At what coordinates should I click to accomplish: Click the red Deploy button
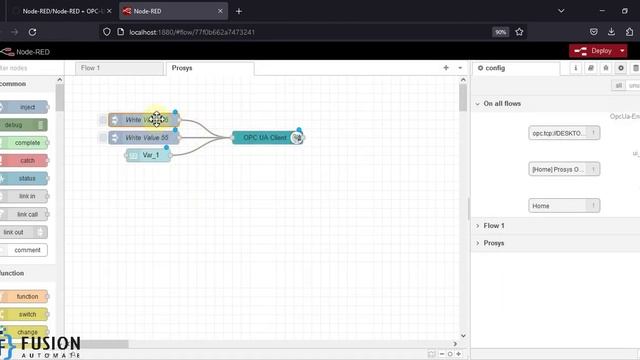click(596, 51)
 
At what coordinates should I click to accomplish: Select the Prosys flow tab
click(182, 68)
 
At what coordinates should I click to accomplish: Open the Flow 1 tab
click(91, 68)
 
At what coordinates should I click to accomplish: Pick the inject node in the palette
click(27, 107)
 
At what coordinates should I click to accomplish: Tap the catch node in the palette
click(27, 160)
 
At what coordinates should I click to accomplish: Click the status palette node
click(27, 178)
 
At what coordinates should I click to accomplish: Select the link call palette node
click(27, 214)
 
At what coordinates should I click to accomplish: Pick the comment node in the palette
click(27, 250)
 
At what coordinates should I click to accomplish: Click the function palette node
click(27, 296)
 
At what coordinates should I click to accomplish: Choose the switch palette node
click(27, 314)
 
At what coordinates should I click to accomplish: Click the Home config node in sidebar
click(563, 206)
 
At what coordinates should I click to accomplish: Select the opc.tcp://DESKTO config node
click(563, 133)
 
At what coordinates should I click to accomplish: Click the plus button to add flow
click(446, 68)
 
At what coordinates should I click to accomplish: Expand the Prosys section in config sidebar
click(493, 243)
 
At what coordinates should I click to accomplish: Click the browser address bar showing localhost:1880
click(300, 32)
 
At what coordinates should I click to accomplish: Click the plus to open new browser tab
click(238, 11)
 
